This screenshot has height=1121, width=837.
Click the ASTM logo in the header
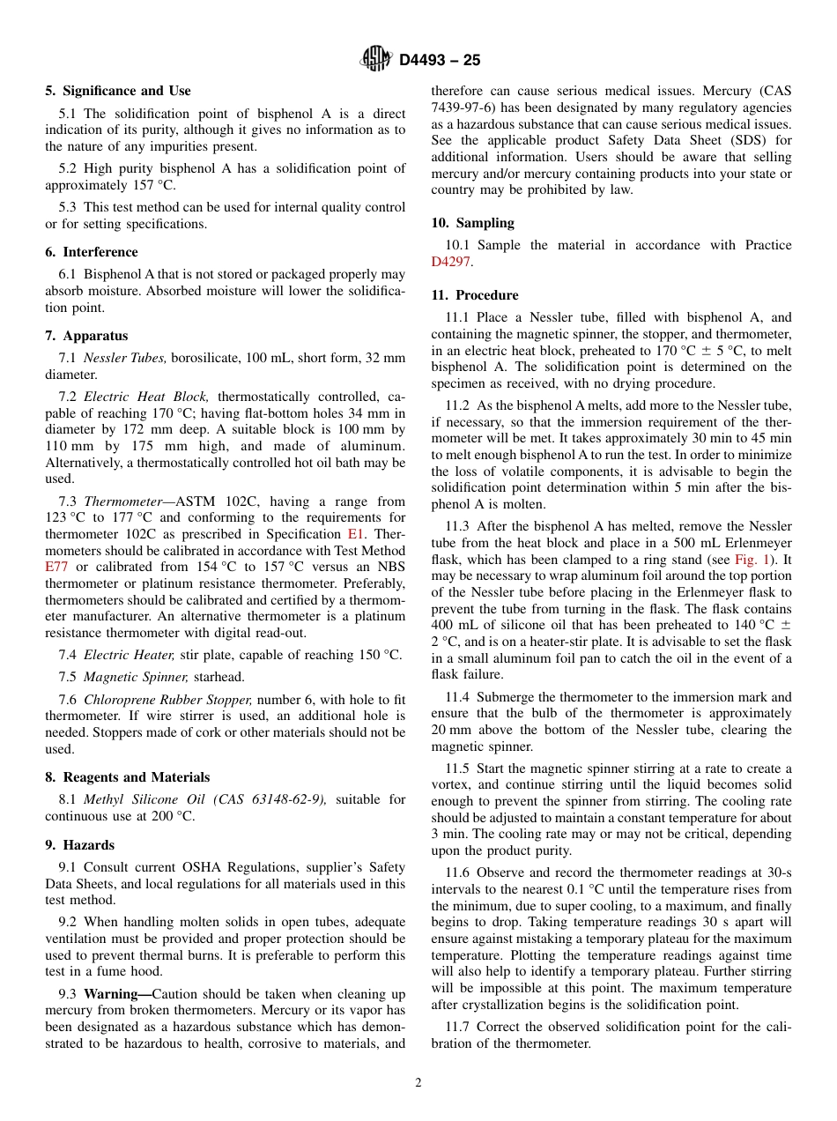pyautogui.click(x=375, y=59)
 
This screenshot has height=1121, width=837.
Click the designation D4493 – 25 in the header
pyautogui.click(x=440, y=60)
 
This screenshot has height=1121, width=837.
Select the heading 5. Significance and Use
pyautogui.click(x=118, y=91)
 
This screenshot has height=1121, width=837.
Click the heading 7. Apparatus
pyautogui.click(x=86, y=336)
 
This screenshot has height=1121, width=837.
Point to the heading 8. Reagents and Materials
pyautogui.click(x=128, y=777)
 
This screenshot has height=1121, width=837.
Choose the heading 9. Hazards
pyautogui.click(x=80, y=844)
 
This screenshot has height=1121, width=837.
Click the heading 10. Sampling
pyautogui.click(x=472, y=223)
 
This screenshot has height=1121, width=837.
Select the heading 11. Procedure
pyautogui.click(x=475, y=295)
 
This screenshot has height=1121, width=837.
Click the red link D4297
pyautogui.click(x=450, y=262)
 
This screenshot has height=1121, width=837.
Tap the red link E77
pyautogui.click(x=56, y=567)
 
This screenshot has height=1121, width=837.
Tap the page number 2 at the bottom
pyautogui.click(x=418, y=1083)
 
